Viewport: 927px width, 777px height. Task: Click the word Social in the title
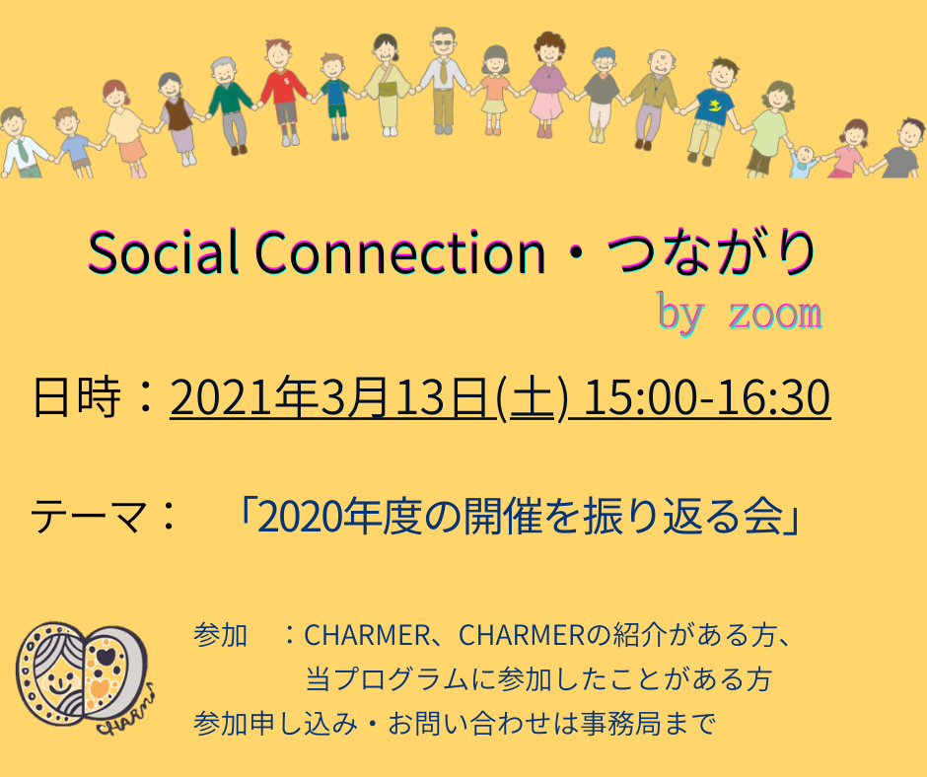click(x=163, y=252)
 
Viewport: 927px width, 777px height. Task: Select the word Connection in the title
click(x=400, y=252)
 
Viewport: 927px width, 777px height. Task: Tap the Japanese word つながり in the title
click(x=712, y=252)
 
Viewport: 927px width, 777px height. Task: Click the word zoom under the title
click(x=776, y=314)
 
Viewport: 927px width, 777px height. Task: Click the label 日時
click(x=77, y=396)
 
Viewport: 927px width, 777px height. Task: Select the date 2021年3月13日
click(x=331, y=397)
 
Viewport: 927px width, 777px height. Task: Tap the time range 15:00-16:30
click(x=707, y=397)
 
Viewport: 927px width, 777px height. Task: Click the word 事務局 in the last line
click(x=620, y=723)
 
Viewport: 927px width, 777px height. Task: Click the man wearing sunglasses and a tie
click(x=443, y=81)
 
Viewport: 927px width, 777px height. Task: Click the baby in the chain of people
click(x=804, y=161)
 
